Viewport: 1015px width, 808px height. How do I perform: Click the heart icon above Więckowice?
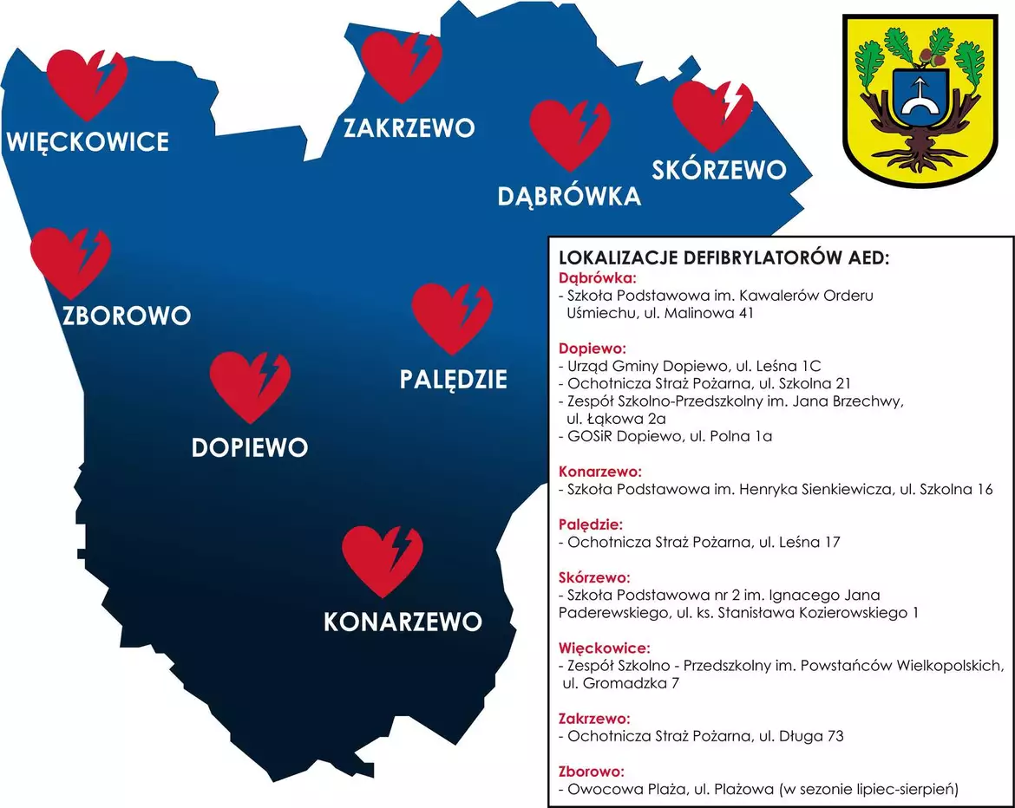click(x=87, y=83)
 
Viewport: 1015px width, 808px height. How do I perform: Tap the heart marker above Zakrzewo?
click(x=401, y=66)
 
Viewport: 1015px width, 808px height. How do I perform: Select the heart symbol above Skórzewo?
click(x=712, y=116)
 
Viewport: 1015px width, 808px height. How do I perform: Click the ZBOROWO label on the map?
click(x=127, y=315)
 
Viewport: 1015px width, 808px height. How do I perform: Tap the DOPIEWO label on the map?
click(x=250, y=447)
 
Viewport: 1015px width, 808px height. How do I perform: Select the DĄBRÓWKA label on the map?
click(x=569, y=196)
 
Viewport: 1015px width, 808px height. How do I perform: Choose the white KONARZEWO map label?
click(x=402, y=622)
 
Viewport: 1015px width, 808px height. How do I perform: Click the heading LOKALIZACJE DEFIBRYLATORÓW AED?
click(x=725, y=258)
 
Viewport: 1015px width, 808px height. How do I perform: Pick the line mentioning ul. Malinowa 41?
click(x=658, y=313)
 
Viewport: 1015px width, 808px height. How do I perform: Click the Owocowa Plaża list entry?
click(x=759, y=790)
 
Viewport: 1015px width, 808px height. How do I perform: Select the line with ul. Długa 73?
click(x=702, y=737)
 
